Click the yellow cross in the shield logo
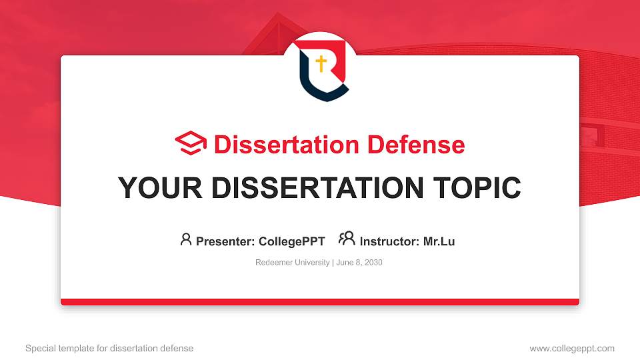(321, 64)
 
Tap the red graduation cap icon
(191, 144)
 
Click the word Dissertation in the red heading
(279, 145)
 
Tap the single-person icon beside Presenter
(186, 239)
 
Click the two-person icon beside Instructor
(347, 239)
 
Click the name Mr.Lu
(439, 241)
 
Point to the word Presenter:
(225, 241)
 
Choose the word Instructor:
(390, 241)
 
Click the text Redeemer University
(292, 263)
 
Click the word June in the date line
(345, 263)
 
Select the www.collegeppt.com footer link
(572, 348)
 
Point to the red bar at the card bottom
(320, 302)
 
